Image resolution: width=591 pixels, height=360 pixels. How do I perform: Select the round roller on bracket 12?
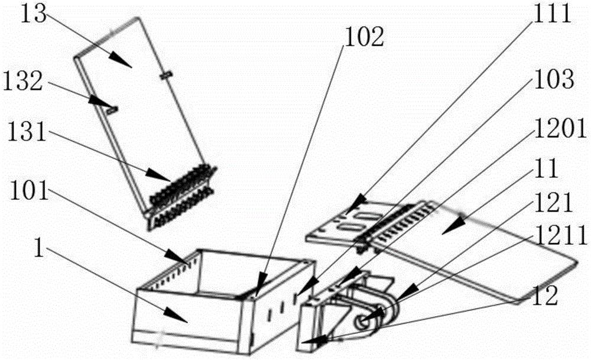tap(361, 320)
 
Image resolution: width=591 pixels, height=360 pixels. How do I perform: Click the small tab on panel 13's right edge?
tap(165, 75)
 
